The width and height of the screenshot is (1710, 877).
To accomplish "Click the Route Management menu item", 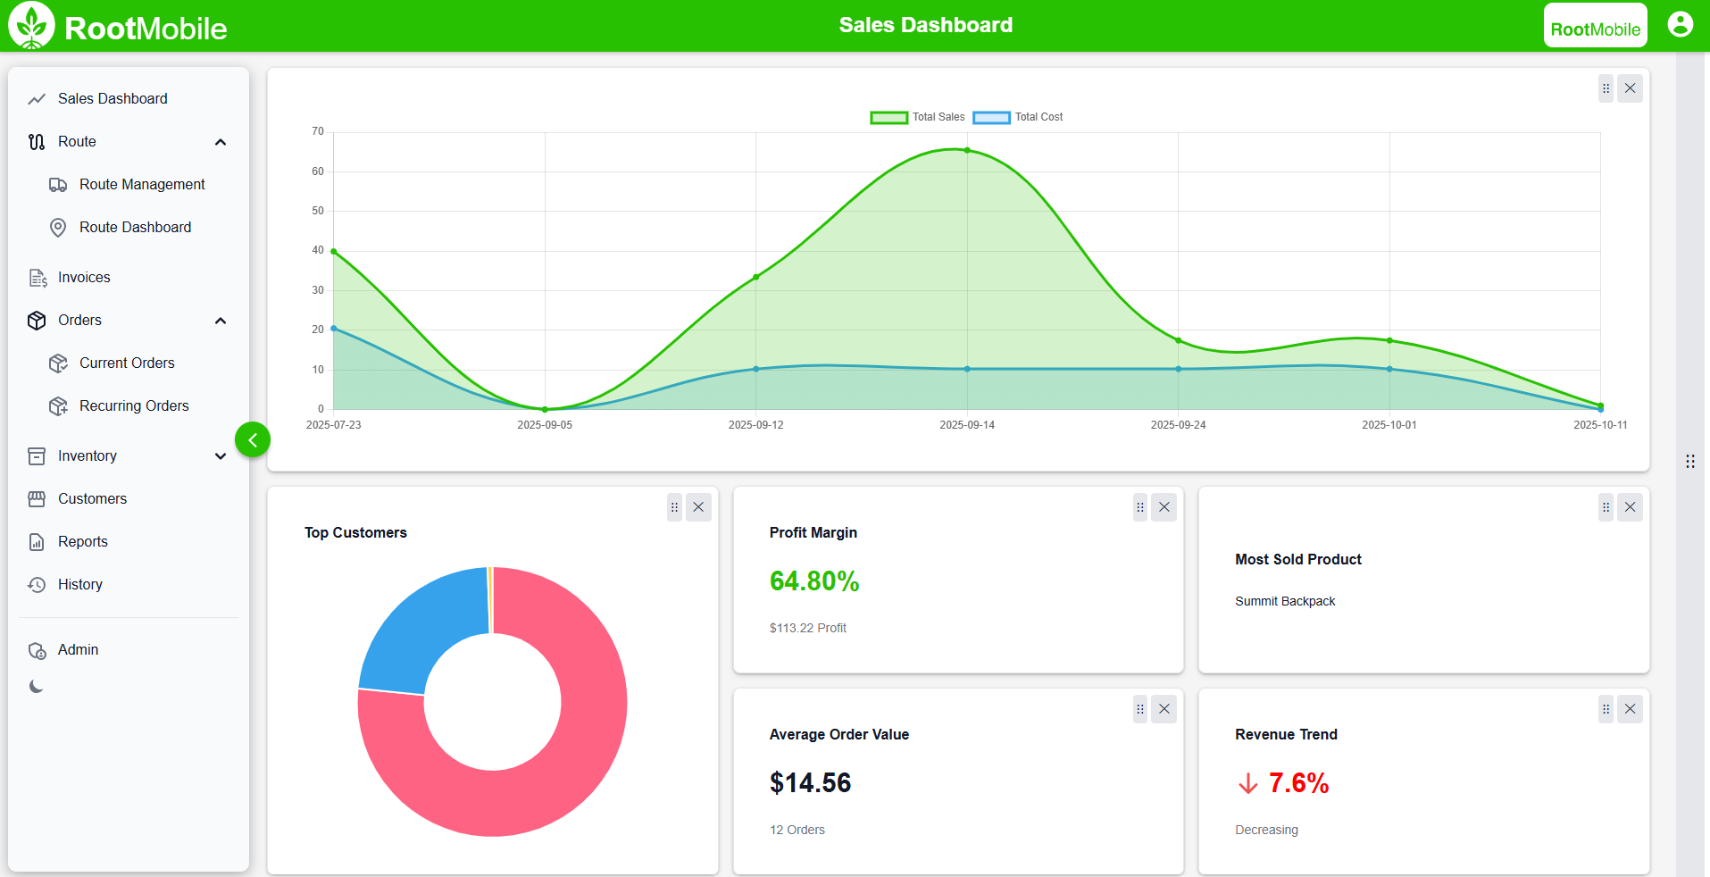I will (x=141, y=184).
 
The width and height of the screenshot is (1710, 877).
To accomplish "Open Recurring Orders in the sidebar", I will (x=134, y=405).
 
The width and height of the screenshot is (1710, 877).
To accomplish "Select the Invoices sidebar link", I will (x=84, y=277).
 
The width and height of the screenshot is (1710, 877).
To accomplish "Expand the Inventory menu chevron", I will (x=221, y=456).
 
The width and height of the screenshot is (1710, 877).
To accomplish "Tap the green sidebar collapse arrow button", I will (x=253, y=439).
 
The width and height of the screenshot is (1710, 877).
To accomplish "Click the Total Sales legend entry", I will (x=918, y=117).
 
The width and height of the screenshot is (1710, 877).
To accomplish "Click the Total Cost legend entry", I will (x=1019, y=117).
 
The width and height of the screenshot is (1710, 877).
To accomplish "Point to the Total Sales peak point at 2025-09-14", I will (x=967, y=150).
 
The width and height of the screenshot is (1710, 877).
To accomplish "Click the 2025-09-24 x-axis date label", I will (x=1178, y=425).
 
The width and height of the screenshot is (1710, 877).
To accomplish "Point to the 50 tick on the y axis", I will (x=318, y=211).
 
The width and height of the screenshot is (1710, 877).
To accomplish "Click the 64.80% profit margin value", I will (x=813, y=581).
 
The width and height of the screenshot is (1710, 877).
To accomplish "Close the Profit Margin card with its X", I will (x=1164, y=507).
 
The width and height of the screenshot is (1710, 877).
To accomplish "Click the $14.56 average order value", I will (x=810, y=783).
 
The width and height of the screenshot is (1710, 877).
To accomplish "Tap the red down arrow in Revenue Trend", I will (x=1247, y=784).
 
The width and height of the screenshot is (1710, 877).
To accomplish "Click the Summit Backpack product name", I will (x=1284, y=601).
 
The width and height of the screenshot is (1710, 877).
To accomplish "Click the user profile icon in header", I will (x=1680, y=24).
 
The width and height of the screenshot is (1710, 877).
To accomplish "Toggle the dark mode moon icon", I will (x=37, y=687).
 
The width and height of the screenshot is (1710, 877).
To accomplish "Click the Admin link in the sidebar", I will (x=78, y=650).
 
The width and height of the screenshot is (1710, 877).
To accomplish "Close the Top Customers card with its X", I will (x=698, y=507).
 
